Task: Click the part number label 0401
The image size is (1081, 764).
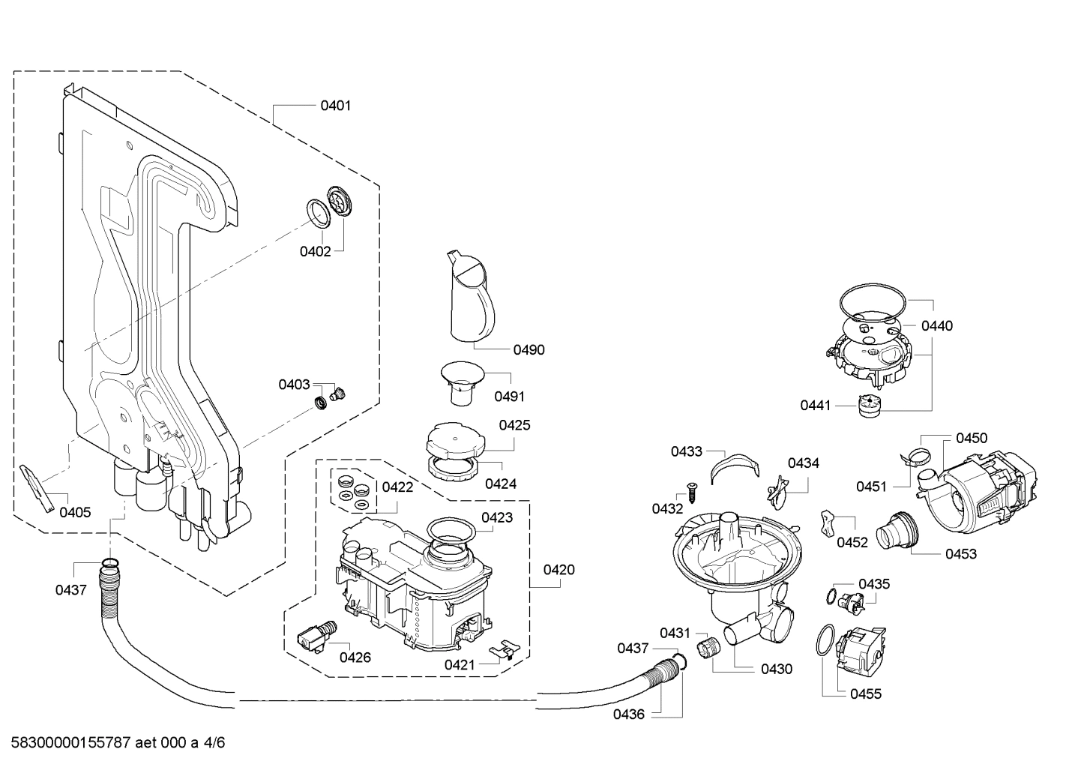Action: pyautogui.click(x=335, y=106)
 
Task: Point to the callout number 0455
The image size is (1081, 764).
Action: pyautogui.click(x=865, y=694)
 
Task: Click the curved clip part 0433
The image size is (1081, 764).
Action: pyautogui.click(x=732, y=464)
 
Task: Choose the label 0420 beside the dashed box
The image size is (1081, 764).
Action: pyautogui.click(x=558, y=570)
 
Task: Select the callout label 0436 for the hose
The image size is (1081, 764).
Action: pyautogui.click(x=628, y=714)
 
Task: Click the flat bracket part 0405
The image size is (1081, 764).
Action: pyautogui.click(x=39, y=487)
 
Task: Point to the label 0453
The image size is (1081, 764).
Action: pyautogui.click(x=961, y=553)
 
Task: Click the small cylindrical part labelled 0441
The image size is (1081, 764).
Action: pyautogui.click(x=869, y=405)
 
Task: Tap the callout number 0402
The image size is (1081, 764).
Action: pyautogui.click(x=315, y=252)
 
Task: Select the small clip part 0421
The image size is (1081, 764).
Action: pyautogui.click(x=504, y=649)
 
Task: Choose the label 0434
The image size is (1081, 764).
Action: pyautogui.click(x=803, y=463)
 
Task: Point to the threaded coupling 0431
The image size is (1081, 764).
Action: pyautogui.click(x=707, y=647)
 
